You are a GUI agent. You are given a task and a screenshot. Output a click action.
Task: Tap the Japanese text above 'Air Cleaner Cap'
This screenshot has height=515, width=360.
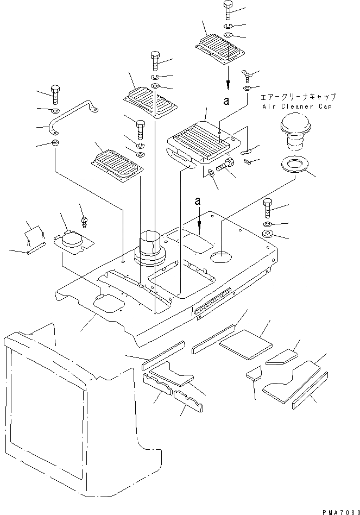298,97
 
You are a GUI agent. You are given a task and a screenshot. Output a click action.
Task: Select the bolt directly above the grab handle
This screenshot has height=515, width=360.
54,93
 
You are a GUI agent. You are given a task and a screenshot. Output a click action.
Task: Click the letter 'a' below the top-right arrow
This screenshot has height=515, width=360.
229,100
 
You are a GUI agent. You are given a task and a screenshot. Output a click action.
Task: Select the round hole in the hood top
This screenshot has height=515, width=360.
219,257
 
